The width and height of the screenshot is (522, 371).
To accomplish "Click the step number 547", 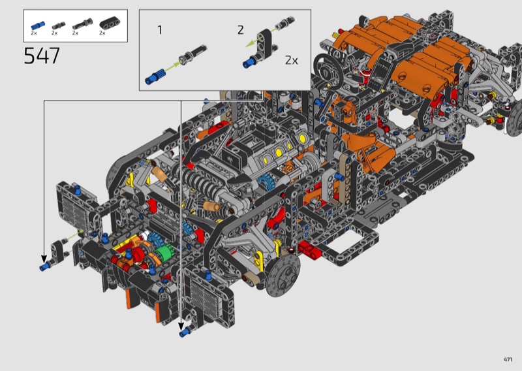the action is [42, 56].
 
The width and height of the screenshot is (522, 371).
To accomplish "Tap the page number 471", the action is [508, 359].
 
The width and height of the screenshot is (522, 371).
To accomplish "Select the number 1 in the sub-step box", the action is [160, 30].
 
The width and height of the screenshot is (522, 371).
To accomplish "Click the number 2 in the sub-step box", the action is [241, 30].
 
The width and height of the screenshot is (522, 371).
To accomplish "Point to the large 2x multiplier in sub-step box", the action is [291, 60].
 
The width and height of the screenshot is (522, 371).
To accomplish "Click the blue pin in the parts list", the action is [38, 25].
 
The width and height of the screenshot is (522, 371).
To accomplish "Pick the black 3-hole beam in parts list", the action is [110, 24].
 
